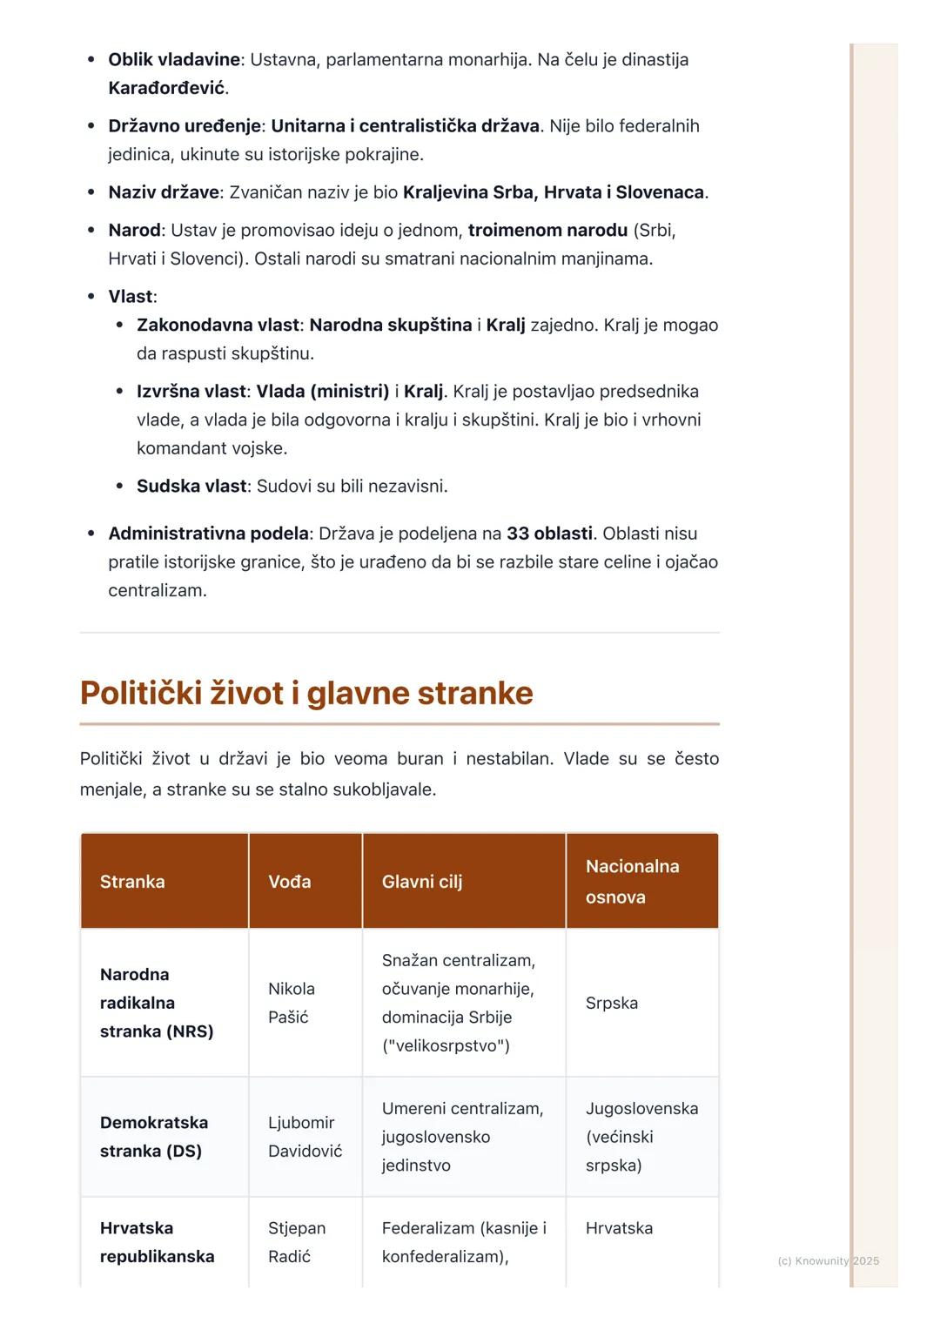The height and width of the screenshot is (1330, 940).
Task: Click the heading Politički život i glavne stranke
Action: pyautogui.click(x=306, y=694)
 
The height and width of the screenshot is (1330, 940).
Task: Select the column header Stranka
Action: pyautogui.click(x=132, y=882)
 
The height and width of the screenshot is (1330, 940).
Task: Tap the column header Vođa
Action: pyautogui.click(x=290, y=882)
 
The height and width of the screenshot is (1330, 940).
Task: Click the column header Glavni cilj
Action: pyautogui.click(x=422, y=882)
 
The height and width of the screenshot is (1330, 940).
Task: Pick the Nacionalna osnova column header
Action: pyautogui.click(x=633, y=882)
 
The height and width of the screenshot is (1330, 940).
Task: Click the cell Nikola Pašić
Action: pyautogui.click(x=292, y=1003)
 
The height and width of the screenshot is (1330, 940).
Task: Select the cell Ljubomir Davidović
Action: pyautogui.click(x=305, y=1137)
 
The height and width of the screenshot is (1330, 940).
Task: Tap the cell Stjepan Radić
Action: pyautogui.click(x=297, y=1242)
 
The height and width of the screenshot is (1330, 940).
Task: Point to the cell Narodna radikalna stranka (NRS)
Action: pyautogui.click(x=157, y=1003)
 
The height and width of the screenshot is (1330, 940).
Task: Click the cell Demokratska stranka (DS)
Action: pyautogui.click(x=154, y=1137)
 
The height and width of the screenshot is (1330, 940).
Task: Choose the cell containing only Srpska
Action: pyautogui.click(x=612, y=1003)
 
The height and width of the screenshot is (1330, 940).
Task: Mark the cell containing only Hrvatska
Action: pyautogui.click(x=619, y=1228)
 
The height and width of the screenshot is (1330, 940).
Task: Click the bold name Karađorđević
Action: pyautogui.click(x=166, y=88)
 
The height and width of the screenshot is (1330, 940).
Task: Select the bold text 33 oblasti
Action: pyautogui.click(x=549, y=534)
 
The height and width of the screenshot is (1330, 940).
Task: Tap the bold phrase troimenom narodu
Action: pyautogui.click(x=547, y=231)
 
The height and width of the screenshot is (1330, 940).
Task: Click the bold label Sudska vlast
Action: pyautogui.click(x=191, y=487)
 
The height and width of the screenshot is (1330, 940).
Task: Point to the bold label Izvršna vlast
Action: pyautogui.click(x=191, y=392)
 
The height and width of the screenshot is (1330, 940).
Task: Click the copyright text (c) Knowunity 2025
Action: pyautogui.click(x=828, y=1260)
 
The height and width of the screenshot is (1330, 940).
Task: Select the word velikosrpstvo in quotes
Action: pyautogui.click(x=446, y=1046)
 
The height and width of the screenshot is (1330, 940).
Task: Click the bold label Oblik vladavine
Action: pyautogui.click(x=174, y=60)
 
